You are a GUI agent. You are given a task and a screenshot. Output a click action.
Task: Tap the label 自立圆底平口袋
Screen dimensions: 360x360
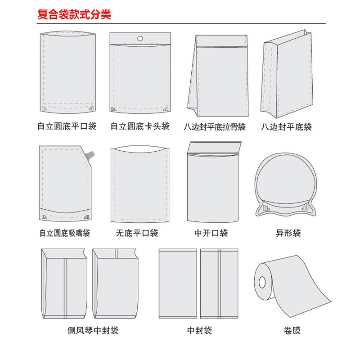pyautogui.click(x=67, y=126)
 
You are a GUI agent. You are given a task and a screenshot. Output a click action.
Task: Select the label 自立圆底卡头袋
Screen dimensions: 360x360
pyautogui.click(x=140, y=126)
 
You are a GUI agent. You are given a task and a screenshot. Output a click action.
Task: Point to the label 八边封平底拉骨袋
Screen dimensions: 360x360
pyautogui.click(x=215, y=127)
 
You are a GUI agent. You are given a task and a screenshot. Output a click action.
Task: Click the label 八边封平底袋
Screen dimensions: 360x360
pyautogui.click(x=286, y=127)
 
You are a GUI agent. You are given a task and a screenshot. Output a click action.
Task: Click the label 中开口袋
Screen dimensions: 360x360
pyautogui.click(x=211, y=233)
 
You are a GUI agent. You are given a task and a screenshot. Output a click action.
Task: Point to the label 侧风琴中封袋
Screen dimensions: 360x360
pyautogui.click(x=90, y=331)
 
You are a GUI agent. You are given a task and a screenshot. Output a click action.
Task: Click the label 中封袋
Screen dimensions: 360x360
pyautogui.click(x=199, y=331)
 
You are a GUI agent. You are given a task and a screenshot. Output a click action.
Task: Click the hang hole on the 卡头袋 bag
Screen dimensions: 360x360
pyautogui.click(x=140, y=38)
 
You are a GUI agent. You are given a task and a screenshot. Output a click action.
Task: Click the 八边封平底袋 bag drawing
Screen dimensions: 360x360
pyautogui.click(x=286, y=74)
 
